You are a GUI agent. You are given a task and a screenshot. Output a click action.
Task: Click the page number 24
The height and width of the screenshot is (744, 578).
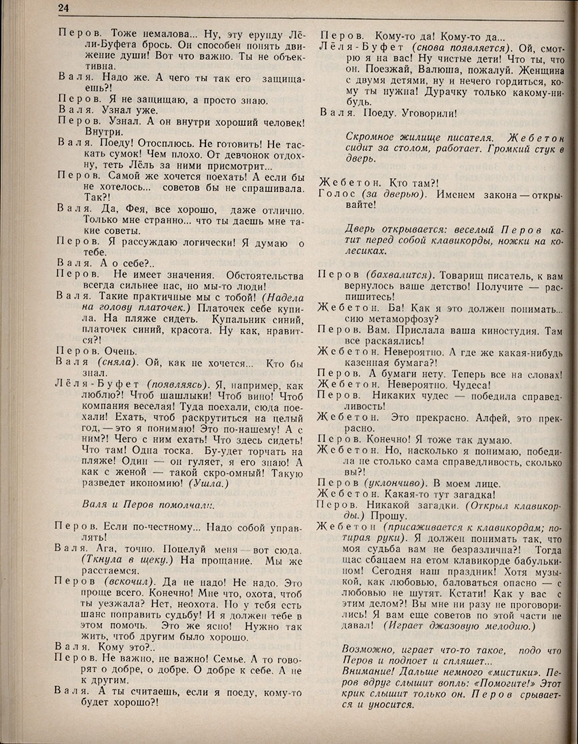[63, 8]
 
